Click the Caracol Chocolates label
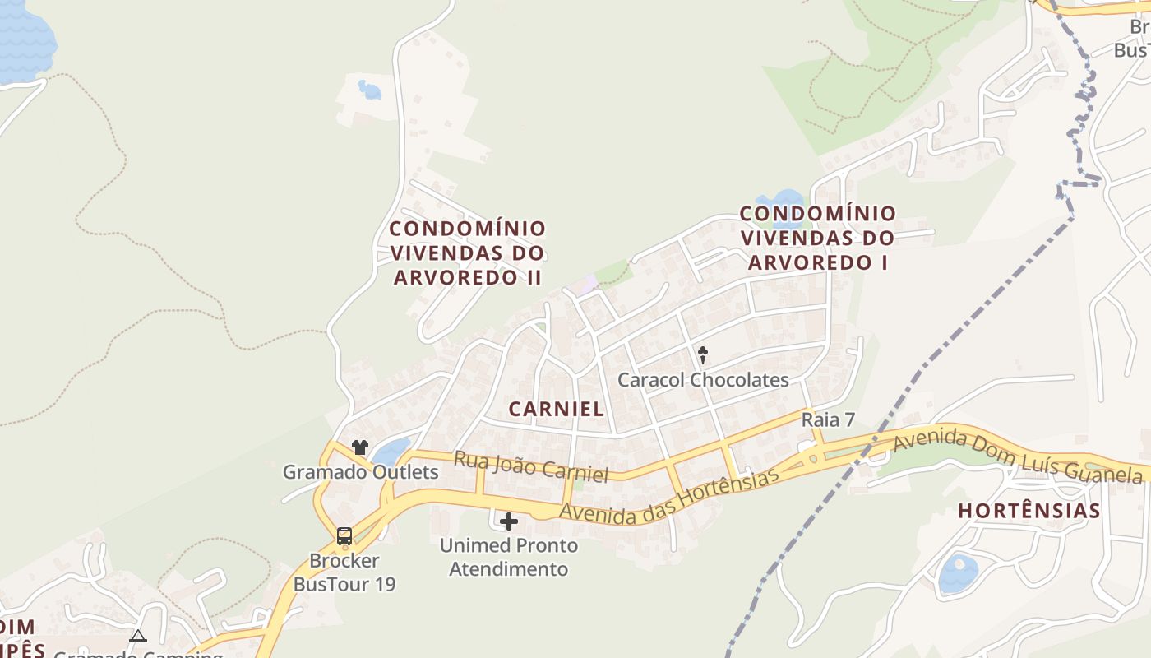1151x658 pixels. [x=703, y=380]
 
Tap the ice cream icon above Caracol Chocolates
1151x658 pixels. [x=703, y=355]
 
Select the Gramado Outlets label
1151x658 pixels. [x=360, y=472]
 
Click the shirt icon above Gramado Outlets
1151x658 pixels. [x=360, y=447]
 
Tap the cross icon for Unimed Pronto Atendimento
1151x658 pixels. [x=509, y=521]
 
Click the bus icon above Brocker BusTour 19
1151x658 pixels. [x=344, y=536]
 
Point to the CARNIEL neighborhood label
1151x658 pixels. [x=557, y=409]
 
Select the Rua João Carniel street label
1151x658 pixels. [x=531, y=466]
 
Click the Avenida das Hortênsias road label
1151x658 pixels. [x=668, y=496]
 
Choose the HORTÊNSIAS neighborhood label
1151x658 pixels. [x=1029, y=511]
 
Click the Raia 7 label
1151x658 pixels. [x=828, y=419]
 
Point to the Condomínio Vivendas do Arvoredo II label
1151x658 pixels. [x=467, y=253]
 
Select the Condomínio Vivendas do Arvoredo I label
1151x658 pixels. [x=817, y=238]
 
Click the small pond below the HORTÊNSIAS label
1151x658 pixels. [x=959, y=572]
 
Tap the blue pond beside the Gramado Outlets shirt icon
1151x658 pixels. [x=391, y=451]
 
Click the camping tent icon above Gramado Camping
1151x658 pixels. [x=137, y=636]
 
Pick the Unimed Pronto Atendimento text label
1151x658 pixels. [x=508, y=557]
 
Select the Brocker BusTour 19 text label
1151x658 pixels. [x=344, y=572]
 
